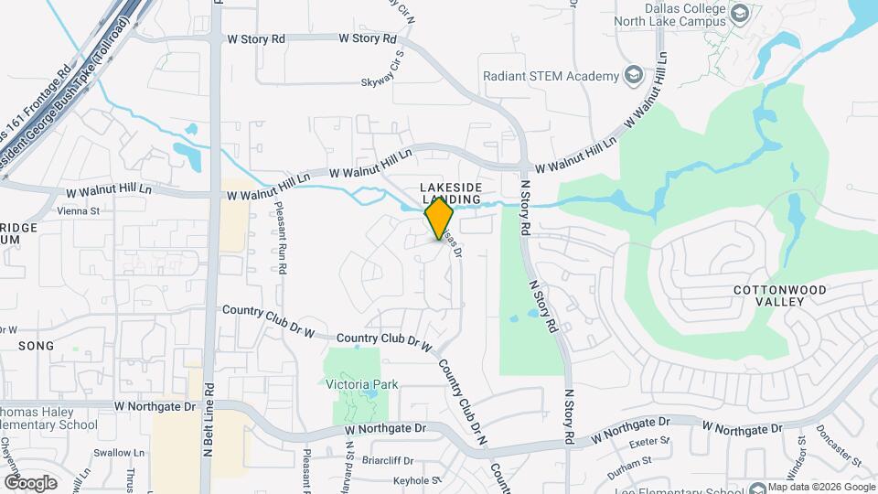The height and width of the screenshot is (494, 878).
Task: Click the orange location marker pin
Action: click(439, 219)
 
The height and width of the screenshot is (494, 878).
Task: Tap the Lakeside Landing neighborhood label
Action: click(450, 193)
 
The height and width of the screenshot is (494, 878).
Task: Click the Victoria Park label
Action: click(362, 385)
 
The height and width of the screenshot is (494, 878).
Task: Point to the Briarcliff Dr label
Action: click(389, 461)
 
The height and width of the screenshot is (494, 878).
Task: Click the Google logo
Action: click(31, 482)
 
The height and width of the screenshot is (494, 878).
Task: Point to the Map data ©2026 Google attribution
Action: click(819, 487)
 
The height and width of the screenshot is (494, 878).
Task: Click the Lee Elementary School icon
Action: click(755, 490)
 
